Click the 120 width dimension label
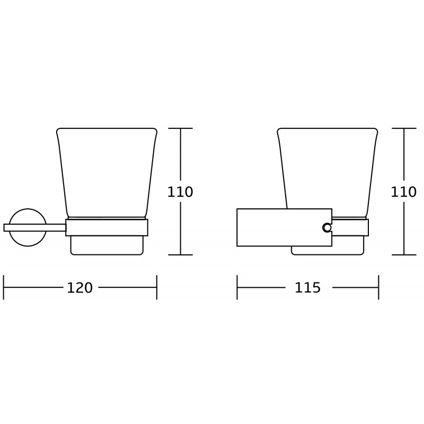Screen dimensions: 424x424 [x=79, y=288]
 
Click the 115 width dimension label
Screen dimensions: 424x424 [x=307, y=288]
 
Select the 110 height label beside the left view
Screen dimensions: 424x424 [x=180, y=192]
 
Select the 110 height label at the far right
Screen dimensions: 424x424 [x=404, y=192]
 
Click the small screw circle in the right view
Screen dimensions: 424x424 [x=327, y=227]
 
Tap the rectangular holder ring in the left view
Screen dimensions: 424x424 [x=107, y=227]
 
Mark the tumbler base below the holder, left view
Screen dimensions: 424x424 [x=107, y=245]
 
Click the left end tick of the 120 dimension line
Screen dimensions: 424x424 [x=4, y=287]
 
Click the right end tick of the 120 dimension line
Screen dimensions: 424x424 [x=157, y=287]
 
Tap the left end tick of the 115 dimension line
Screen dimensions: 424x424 [x=237, y=287]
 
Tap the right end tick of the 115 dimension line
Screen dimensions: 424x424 [x=378, y=287]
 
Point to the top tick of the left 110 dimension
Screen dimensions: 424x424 [x=181, y=128]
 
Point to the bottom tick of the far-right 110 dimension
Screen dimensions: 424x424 [x=404, y=254]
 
